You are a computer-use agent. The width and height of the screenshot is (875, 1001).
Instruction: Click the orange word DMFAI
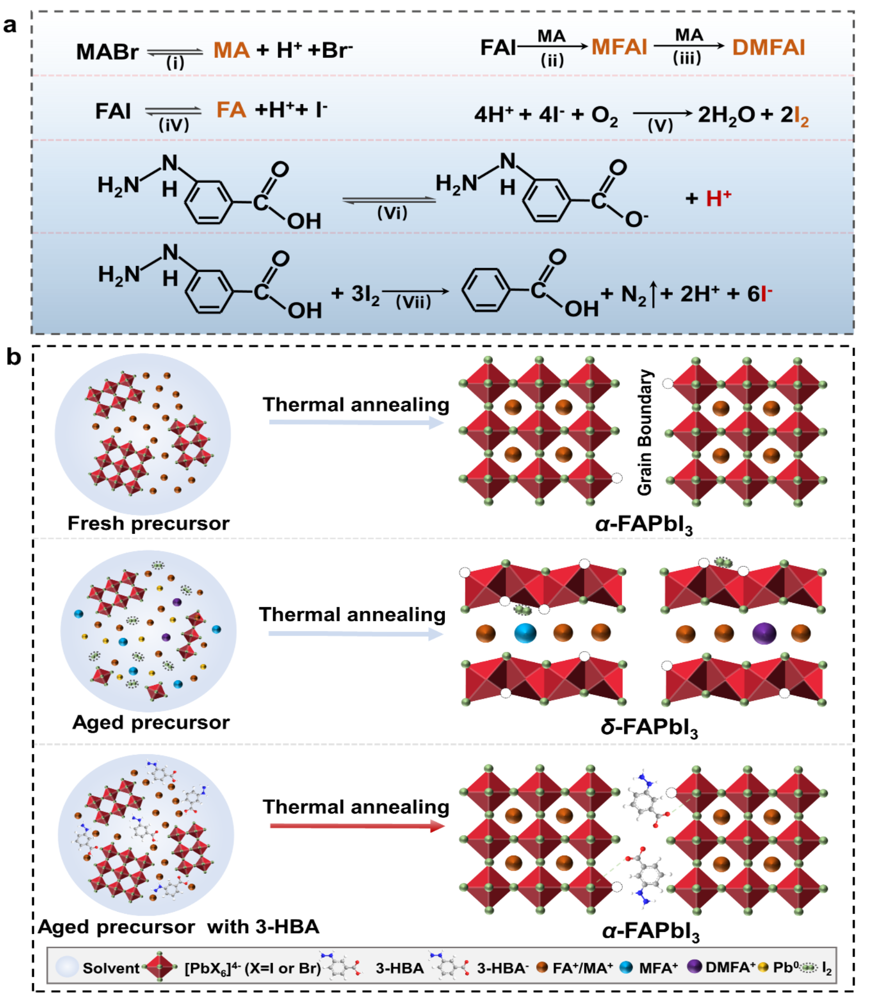768,47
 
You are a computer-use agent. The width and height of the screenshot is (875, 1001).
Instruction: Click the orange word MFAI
619,47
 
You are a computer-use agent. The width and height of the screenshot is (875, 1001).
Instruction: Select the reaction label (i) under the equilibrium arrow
175,63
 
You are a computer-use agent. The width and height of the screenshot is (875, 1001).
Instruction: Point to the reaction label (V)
661,125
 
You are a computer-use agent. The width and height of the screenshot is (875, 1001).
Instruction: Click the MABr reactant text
107,52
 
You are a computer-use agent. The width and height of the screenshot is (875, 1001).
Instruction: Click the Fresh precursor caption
148,523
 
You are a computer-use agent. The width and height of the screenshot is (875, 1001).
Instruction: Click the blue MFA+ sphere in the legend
626,967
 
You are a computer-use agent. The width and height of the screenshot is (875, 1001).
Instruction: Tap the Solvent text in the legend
111,968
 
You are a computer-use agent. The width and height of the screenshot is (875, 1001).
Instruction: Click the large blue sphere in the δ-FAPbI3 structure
525,633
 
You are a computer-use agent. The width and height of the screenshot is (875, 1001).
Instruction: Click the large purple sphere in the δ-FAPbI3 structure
764,633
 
